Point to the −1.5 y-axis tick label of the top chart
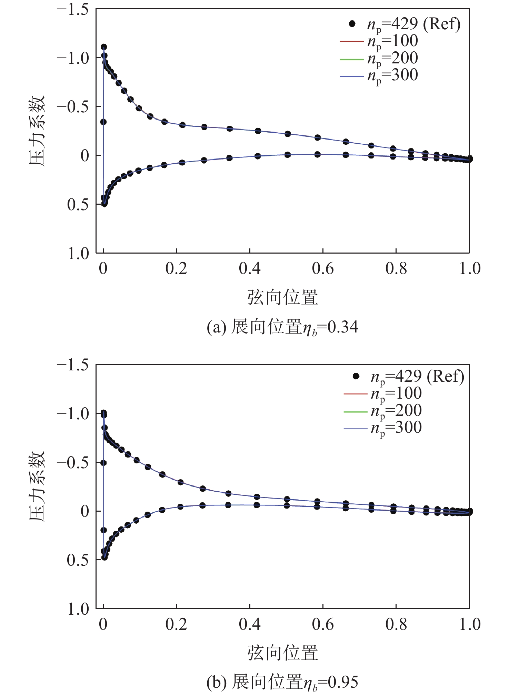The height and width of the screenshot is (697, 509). click(72, 9)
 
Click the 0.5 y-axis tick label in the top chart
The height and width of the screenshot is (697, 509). click(78, 205)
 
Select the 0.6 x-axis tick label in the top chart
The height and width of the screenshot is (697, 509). click(323, 269)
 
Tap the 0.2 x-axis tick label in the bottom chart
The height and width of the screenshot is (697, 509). click(176, 624)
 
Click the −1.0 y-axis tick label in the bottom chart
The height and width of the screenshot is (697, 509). click(72, 413)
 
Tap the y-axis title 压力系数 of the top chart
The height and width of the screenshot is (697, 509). click(37, 131)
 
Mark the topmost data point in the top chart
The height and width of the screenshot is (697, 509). click(103, 47)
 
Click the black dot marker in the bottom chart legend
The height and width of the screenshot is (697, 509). click(356, 376)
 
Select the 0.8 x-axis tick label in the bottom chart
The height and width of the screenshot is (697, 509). click(396, 624)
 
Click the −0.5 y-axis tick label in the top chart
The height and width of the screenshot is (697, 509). click(72, 107)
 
